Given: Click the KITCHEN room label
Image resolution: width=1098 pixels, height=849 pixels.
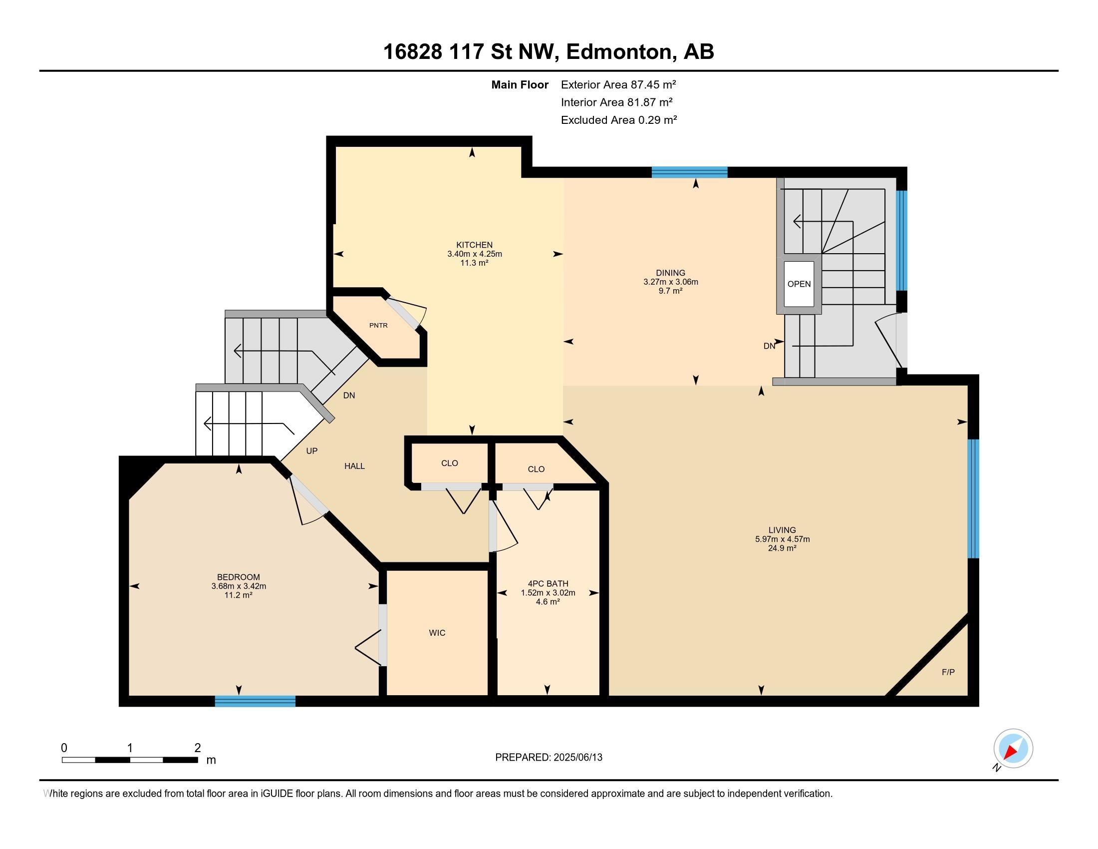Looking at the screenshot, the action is [474, 245].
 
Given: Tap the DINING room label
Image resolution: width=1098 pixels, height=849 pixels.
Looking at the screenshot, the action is [670, 273].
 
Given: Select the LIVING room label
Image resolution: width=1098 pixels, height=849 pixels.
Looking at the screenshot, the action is [782, 529].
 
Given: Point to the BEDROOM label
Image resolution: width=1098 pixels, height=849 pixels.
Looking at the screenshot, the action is [238, 577].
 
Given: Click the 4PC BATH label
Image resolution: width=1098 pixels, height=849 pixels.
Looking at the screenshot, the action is [548, 583].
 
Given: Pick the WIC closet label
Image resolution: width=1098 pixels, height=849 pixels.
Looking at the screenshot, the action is [437, 633].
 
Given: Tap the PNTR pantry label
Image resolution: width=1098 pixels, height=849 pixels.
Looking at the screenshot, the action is [378, 326].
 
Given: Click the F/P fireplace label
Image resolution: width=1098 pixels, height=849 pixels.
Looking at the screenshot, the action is [948, 672].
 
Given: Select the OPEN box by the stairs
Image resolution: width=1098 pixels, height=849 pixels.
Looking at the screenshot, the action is [799, 284].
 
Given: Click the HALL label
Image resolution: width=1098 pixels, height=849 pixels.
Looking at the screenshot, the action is [354, 466].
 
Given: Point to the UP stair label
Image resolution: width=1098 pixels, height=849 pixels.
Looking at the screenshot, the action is [312, 451].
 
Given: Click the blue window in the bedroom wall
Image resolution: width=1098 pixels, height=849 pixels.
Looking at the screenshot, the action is [255, 701].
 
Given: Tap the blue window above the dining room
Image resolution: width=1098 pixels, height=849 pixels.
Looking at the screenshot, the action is [689, 172].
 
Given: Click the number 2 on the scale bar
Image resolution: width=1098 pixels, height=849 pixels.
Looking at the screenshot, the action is [198, 748].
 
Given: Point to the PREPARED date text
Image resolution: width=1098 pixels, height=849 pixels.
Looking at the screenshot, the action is [549, 757].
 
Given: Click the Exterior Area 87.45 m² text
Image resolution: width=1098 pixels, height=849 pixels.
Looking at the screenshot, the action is [618, 84].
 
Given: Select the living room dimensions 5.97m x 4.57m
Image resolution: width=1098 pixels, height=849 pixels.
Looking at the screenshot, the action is [782, 539].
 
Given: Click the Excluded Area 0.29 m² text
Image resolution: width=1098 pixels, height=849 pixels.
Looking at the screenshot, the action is [619, 120].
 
